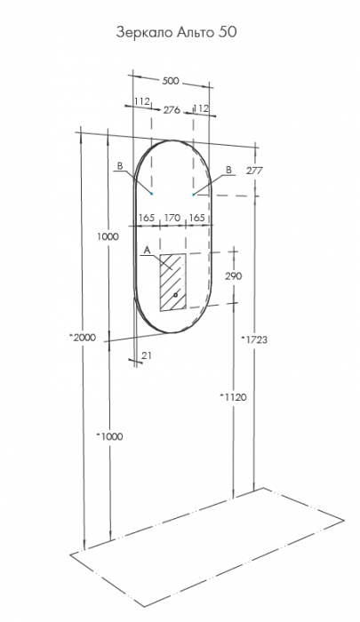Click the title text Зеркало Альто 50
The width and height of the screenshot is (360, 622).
coord(176,32)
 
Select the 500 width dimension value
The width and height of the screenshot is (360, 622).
coord(171,81)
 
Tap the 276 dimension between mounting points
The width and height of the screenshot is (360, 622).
coord(172,110)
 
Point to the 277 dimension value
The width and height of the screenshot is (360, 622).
coord(254,171)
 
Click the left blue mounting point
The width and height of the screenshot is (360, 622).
coord(152,194)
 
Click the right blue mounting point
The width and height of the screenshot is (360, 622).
coord(193,195)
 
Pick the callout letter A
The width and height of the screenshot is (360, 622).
coord(147,250)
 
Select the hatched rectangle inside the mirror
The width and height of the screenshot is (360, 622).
coord(172,282)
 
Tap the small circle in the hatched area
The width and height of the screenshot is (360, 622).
coord(176,295)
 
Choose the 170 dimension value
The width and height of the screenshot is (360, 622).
coord(172,218)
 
